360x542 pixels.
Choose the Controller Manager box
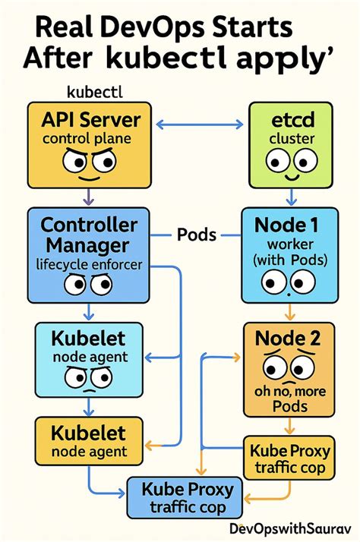click(88, 259)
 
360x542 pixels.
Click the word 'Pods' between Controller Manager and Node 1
click(197, 234)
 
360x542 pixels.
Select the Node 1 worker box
click(287, 258)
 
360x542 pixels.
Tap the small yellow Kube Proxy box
click(287, 458)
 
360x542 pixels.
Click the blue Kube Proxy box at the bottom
click(185, 496)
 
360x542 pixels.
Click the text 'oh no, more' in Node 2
click(287, 392)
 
